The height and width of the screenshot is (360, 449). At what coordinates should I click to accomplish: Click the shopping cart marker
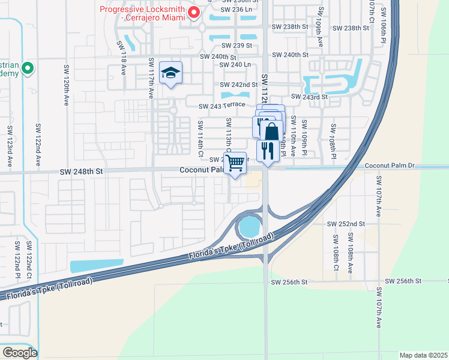pos(235,163)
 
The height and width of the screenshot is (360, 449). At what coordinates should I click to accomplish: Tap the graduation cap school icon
pos(171,73)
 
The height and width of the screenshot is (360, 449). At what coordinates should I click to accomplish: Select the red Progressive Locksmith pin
pos(194,12)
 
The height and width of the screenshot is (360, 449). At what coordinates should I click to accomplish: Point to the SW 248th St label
pos(82,172)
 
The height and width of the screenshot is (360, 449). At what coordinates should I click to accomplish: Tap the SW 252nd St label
pos(346,224)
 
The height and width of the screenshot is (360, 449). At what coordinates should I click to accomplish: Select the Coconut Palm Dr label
pos(390,165)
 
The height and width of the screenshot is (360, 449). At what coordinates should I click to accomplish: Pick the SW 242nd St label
pos(239,85)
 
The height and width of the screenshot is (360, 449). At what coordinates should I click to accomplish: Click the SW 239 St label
pos(237,46)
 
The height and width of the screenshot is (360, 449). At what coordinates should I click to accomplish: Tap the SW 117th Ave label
pos(151,79)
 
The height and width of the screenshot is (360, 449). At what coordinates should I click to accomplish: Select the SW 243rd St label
pos(309,97)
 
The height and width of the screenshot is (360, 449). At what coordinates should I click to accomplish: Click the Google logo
pos(19,352)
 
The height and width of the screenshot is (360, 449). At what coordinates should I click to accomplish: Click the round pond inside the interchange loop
pos(250,227)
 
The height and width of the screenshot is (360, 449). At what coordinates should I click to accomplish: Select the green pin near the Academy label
pos(28,70)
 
